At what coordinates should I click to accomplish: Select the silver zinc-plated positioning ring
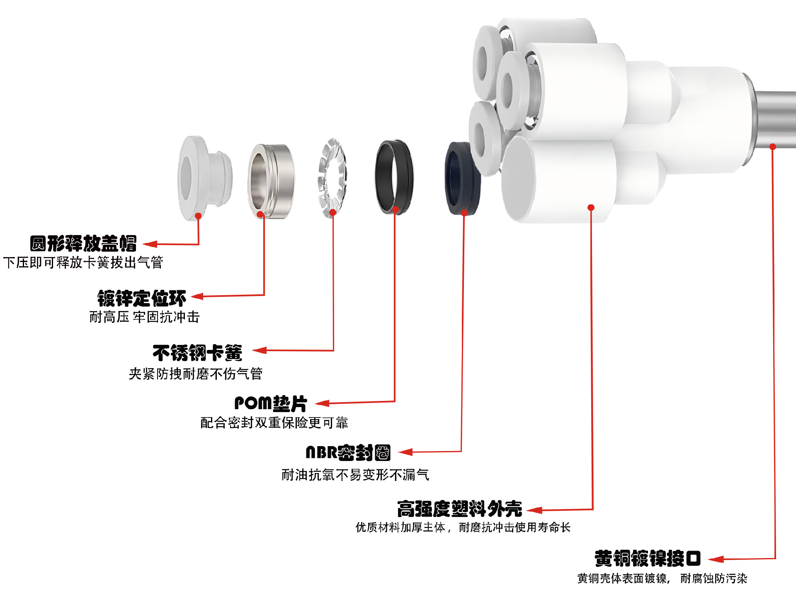coord(272,181)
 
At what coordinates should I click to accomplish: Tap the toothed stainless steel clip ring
coord(332,177)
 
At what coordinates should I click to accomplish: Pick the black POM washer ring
coord(394,177)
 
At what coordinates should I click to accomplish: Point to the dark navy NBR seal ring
coord(462,178)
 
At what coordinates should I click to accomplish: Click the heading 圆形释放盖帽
coord(83,244)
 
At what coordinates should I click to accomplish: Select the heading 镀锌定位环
coord(141,298)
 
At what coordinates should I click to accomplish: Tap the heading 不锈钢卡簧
coord(197,353)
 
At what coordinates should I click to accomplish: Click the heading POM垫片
coord(270,403)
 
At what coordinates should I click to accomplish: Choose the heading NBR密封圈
coord(348,453)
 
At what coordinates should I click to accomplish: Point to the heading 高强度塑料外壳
coord(459,509)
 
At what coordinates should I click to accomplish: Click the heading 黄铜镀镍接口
coord(647,559)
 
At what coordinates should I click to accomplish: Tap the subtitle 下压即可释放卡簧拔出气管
coord(83,262)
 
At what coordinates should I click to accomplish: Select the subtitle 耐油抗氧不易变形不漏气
coord(355,475)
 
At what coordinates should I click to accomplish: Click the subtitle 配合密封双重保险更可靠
coord(274,423)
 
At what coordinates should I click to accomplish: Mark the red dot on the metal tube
coord(773,147)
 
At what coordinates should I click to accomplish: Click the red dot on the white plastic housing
coord(591,207)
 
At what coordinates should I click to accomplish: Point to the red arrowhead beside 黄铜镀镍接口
coord(716,560)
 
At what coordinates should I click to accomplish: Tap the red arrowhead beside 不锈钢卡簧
coord(260,350)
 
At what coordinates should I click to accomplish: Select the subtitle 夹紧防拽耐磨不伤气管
coord(195,374)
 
